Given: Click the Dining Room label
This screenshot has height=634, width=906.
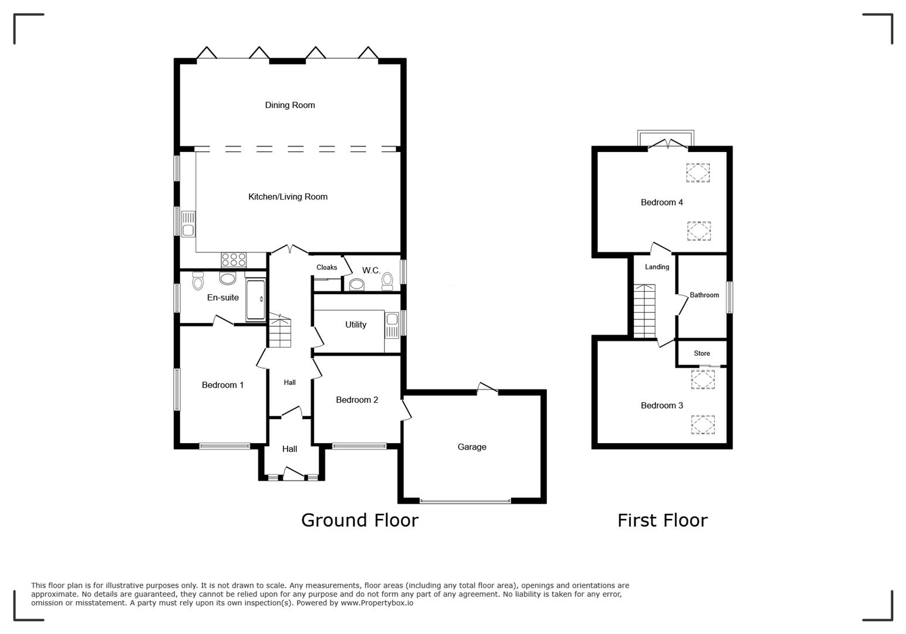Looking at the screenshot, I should [290, 105].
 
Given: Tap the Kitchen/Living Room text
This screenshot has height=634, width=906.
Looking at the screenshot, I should [288, 197].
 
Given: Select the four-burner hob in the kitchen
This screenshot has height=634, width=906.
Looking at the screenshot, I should [234, 259].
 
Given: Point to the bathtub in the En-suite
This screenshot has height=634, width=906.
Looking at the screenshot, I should [255, 301].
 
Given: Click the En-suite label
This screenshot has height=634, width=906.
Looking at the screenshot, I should [223, 298].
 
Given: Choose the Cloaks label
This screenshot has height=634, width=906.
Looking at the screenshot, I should [327, 267].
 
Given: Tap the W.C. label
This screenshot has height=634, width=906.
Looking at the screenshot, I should [371, 271].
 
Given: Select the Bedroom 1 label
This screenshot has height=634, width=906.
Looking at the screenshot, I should [222, 385].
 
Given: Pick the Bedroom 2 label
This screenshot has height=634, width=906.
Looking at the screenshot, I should [357, 400].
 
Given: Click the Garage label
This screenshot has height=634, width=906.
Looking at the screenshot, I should [472, 447].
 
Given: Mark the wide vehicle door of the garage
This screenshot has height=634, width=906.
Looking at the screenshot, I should [465, 501].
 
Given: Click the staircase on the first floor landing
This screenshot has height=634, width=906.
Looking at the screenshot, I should [644, 311].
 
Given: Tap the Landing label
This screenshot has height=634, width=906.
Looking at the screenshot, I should [657, 267].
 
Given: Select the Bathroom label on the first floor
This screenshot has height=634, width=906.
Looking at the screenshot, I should [704, 295].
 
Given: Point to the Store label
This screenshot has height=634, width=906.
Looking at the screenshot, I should [702, 353].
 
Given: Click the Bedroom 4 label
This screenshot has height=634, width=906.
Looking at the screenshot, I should [661, 203].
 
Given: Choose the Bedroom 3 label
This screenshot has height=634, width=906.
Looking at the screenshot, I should [661, 406].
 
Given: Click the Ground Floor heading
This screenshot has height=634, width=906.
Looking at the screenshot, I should [360, 520].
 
